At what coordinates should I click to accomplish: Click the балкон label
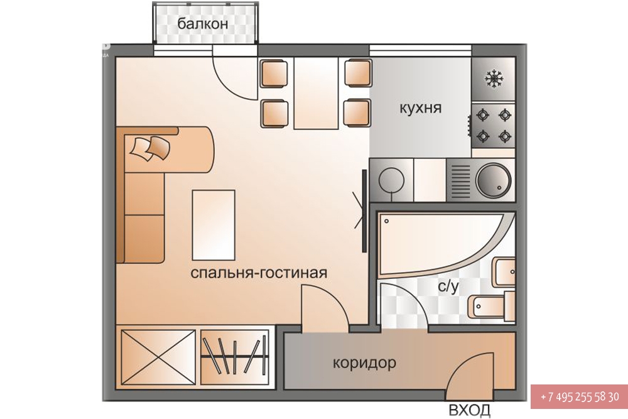point(203,24)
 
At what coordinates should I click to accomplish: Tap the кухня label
point(421,108)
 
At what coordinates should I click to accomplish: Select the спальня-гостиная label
point(259,273)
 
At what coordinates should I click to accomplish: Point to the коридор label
point(364,363)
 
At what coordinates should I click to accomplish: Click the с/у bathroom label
point(448,286)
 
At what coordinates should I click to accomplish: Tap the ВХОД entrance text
point(469,410)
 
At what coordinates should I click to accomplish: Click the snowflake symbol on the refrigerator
point(494,79)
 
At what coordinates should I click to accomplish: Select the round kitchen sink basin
point(493,180)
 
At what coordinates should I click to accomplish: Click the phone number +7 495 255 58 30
point(580,397)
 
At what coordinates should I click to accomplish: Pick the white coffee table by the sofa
point(214,225)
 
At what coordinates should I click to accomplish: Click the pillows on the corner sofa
point(150,148)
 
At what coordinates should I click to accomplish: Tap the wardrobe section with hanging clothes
point(235,357)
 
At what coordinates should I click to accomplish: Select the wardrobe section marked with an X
point(158,357)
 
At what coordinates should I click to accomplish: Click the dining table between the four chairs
point(316,93)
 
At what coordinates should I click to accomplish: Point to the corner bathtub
point(443,245)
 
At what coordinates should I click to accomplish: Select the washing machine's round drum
point(391,180)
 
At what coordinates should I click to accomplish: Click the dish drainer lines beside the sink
point(460,180)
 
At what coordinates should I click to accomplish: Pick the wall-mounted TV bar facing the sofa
point(364,210)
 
